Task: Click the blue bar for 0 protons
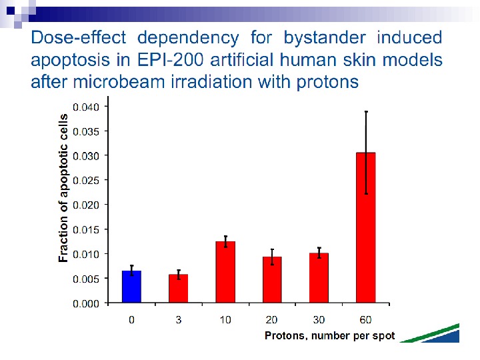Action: pos(131,287)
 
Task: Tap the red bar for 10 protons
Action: pos(225,272)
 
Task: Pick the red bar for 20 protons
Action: pos(272,280)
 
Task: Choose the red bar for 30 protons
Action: pos(319,278)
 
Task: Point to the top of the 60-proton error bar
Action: pos(366,111)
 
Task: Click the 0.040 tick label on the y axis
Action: pos(86,107)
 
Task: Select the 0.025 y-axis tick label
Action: pos(86,180)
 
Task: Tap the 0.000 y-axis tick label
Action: pos(86,303)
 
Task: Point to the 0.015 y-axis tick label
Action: pos(86,229)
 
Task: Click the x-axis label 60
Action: pos(366,320)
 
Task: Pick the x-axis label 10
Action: pos(225,320)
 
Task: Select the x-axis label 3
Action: pos(178,320)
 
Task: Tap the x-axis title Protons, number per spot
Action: pos(329,335)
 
